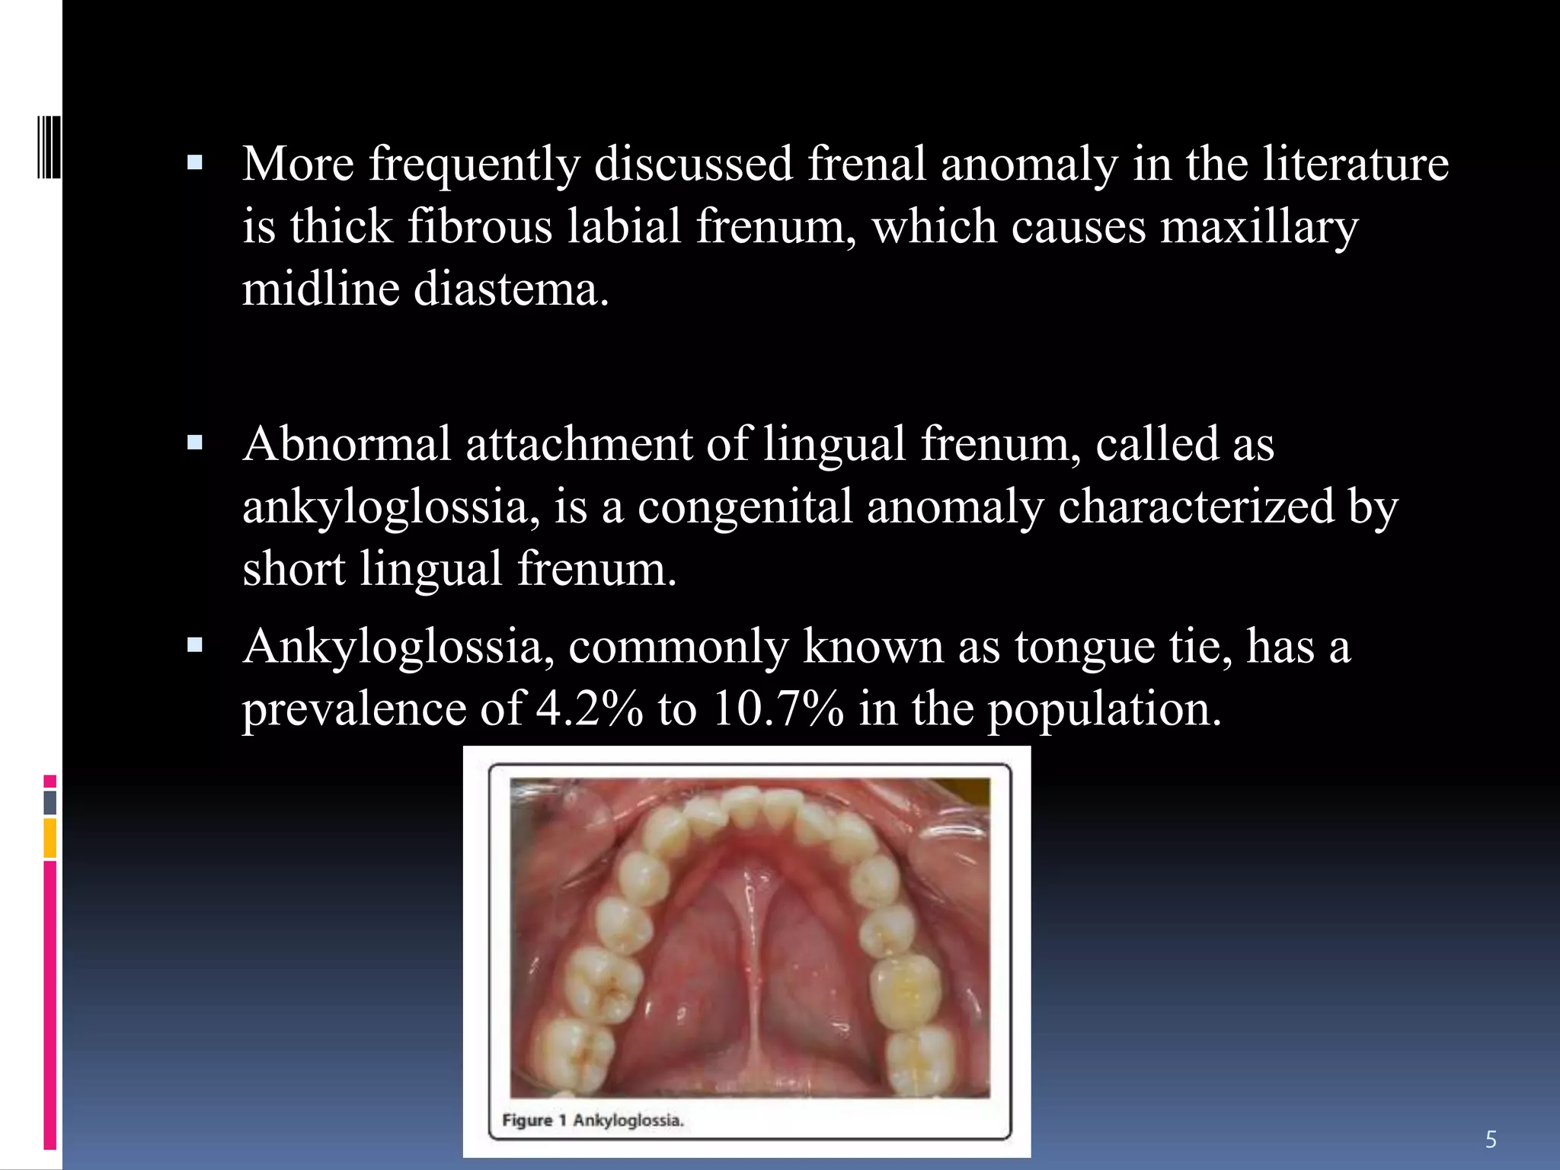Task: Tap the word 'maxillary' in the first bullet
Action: [1258, 227]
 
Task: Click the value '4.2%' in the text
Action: [589, 708]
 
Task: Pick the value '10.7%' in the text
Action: [777, 708]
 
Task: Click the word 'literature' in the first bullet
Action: [1355, 164]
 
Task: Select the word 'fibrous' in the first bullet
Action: [480, 227]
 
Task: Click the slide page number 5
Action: [1491, 1140]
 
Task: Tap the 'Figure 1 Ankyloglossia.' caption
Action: [593, 1120]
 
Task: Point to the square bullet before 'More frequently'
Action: [195, 163]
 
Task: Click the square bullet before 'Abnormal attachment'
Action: [195, 443]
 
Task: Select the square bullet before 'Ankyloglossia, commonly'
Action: [195, 646]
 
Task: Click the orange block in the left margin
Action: [50, 838]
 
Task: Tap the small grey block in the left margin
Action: [50, 803]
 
